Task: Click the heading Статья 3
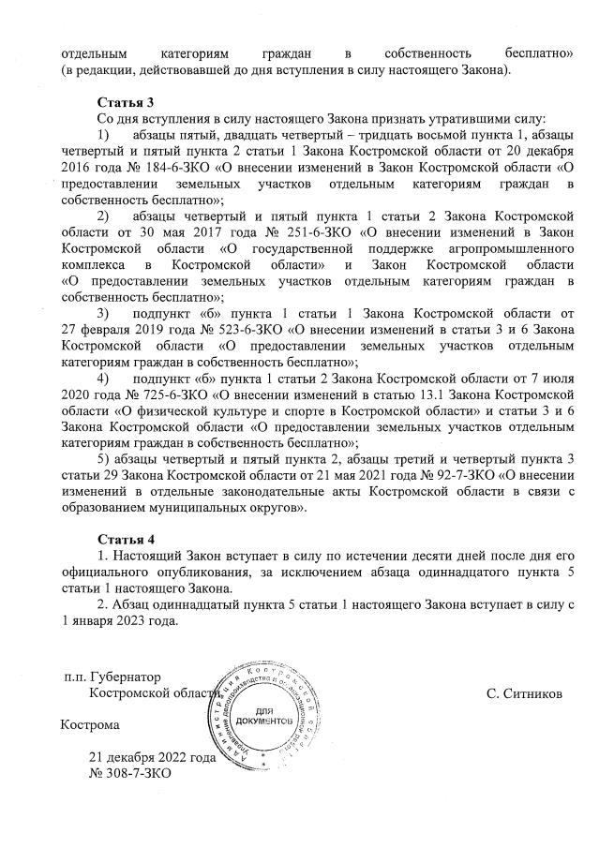[125, 101]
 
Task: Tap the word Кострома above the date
[90, 725]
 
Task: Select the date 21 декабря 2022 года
[152, 758]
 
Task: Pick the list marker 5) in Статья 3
[105, 458]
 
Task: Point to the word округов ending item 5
[279, 506]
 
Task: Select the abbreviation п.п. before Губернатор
[77, 677]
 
